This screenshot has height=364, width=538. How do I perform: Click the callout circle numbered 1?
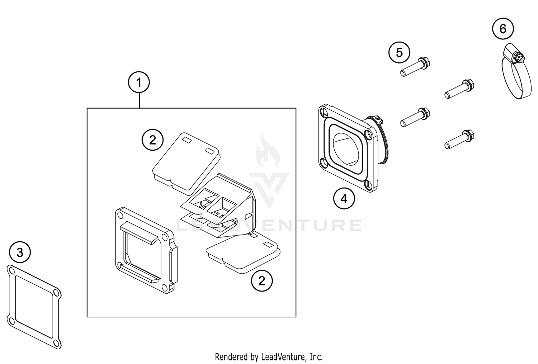point(139,83)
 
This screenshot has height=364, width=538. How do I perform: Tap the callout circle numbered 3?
point(20,252)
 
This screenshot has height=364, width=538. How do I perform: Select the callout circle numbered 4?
point(344,198)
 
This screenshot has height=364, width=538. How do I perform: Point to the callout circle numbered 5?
point(399,53)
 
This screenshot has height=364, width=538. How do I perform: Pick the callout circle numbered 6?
point(502,28)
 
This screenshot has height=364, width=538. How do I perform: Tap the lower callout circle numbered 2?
point(261,281)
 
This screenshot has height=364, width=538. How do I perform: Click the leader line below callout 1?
point(139,100)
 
